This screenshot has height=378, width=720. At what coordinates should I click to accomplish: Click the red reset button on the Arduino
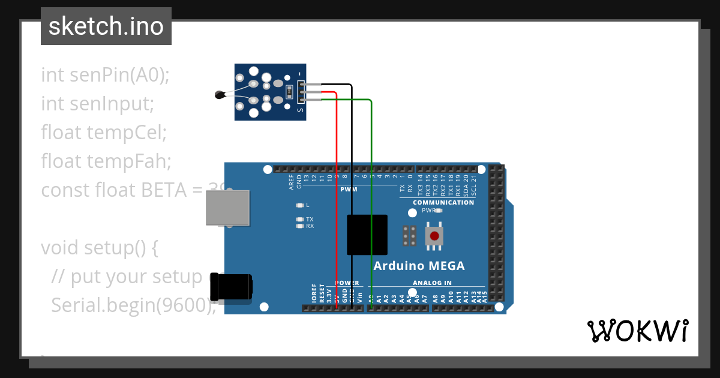point(434,236)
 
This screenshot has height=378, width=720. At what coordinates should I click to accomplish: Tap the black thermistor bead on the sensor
point(220,94)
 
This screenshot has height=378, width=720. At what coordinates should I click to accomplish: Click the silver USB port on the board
point(227,208)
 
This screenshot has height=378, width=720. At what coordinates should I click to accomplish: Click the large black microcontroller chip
point(367,235)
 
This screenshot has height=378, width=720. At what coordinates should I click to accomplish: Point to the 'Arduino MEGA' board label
point(419,266)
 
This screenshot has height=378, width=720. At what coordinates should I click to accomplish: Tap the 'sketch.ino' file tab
point(106,26)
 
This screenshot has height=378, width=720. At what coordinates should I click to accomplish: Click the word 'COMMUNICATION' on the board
point(443,202)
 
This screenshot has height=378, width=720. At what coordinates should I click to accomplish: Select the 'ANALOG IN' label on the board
point(432,283)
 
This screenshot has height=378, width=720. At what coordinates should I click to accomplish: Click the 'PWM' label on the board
point(349,189)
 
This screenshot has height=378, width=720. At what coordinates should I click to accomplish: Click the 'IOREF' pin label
point(314,293)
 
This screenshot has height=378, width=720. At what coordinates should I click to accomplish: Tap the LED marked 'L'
point(300,205)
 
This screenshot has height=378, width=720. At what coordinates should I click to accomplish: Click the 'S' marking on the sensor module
point(301,110)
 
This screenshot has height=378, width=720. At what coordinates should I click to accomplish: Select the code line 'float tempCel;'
point(103,133)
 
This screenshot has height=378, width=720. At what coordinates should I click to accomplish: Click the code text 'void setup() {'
point(99,247)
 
